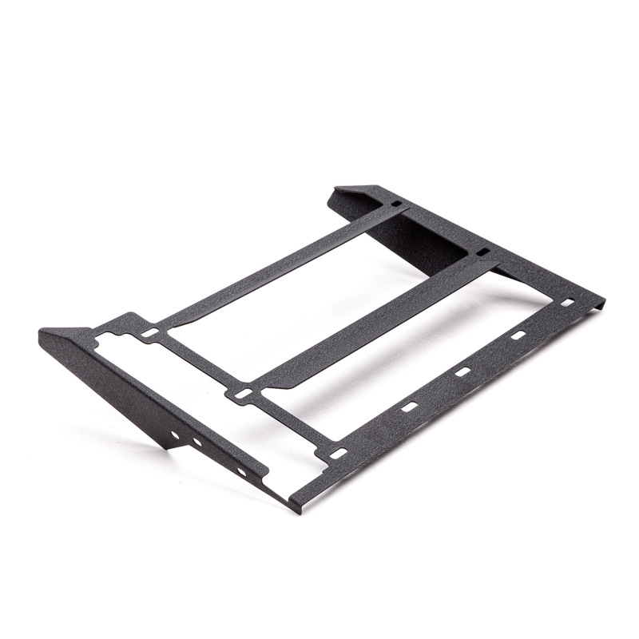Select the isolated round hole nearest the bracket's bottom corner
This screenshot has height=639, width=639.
240,471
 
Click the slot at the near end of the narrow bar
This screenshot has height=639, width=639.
149,331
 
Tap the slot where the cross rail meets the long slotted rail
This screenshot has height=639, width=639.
338,454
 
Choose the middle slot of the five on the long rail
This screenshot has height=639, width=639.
462,371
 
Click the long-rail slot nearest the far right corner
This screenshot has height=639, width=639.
567,304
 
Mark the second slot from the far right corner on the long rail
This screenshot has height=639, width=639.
518,336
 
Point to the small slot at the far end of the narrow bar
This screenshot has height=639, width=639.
396,204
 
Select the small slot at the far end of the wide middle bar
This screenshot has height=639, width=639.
482,253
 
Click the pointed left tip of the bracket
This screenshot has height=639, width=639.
42,333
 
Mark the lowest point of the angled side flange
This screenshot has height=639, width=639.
169,448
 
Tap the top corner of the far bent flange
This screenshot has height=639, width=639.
339,190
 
